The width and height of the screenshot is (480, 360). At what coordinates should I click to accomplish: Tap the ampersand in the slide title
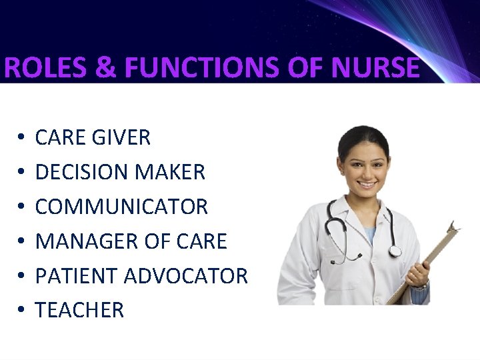(103, 69)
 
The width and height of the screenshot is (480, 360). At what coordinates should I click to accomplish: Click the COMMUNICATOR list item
(121, 207)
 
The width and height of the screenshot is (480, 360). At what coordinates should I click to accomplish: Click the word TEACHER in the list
(79, 310)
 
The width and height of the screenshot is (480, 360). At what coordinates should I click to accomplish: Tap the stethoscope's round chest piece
(395, 251)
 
